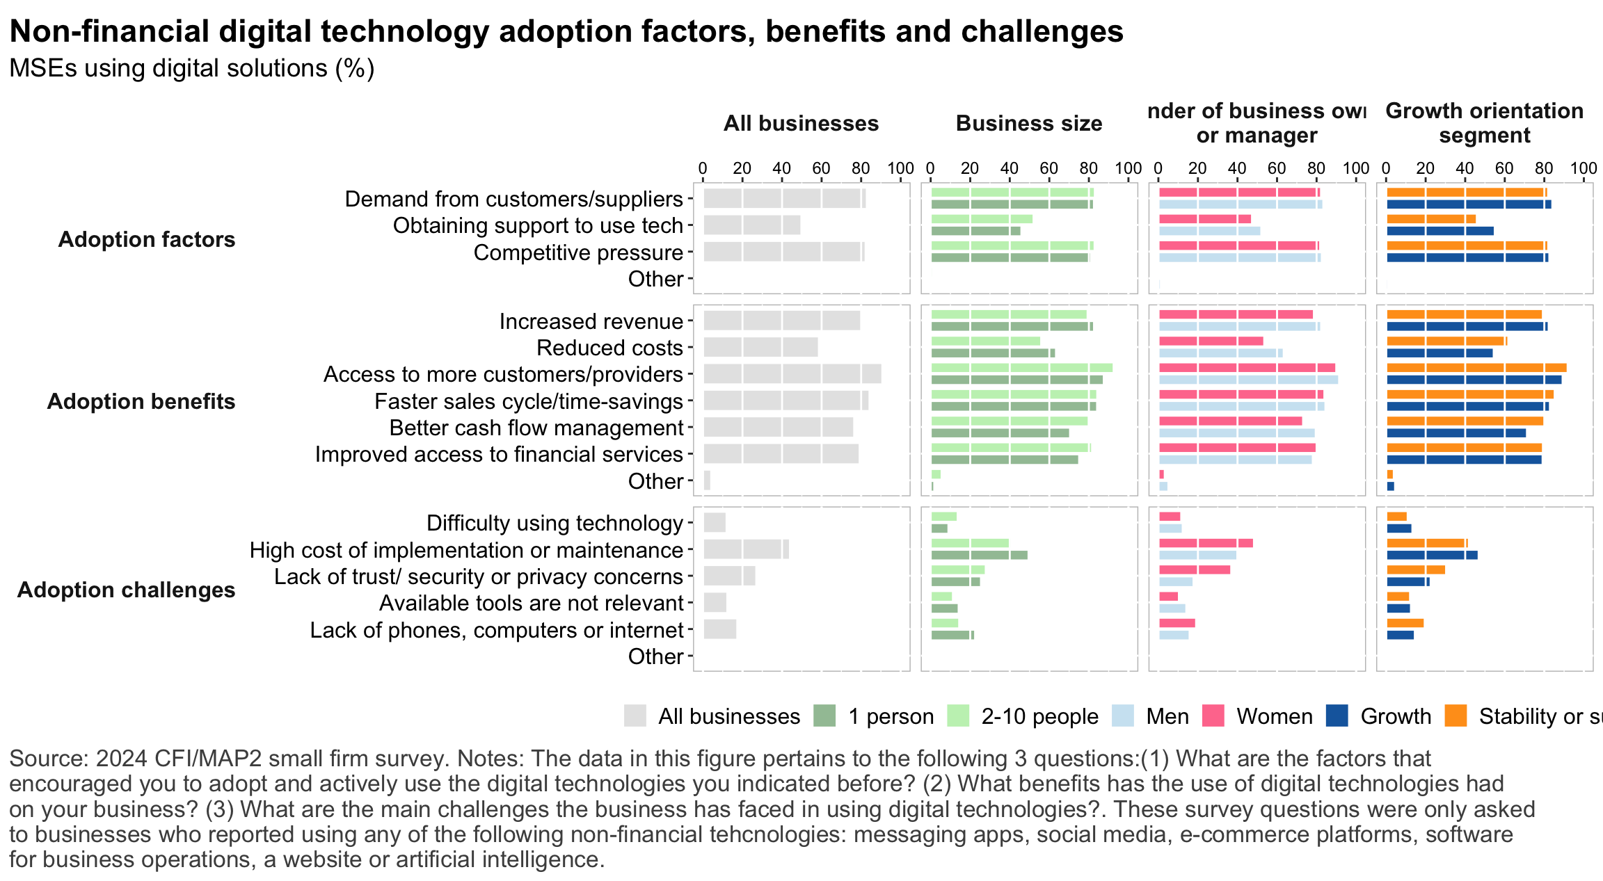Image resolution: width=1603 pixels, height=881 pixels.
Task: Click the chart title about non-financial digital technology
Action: tap(566, 31)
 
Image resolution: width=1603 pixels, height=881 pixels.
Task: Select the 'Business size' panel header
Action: tap(1028, 123)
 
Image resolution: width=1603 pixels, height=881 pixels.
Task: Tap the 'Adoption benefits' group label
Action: tap(141, 401)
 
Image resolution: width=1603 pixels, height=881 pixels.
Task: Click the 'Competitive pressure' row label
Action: tap(578, 252)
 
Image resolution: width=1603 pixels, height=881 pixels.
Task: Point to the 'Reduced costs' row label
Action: tap(609, 348)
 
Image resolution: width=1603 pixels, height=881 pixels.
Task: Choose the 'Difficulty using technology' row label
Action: tap(555, 523)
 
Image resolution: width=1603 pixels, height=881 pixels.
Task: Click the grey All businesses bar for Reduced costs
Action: tap(760, 348)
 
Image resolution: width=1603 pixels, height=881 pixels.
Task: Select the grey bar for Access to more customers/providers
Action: tap(792, 374)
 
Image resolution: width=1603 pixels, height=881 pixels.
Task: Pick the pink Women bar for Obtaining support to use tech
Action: tap(1204, 219)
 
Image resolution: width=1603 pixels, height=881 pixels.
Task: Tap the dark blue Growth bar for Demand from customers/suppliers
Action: tap(1468, 204)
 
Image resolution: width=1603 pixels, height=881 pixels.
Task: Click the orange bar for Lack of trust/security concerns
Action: tap(1415, 570)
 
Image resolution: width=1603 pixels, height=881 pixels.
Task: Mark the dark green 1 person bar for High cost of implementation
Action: tap(979, 555)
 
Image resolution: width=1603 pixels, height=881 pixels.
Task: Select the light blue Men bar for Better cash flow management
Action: tap(1236, 433)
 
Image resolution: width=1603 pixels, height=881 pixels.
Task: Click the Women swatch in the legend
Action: tap(1213, 716)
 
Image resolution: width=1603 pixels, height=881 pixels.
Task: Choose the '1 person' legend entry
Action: tap(824, 716)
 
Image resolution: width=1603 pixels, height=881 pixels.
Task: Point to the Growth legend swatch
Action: tap(1337, 716)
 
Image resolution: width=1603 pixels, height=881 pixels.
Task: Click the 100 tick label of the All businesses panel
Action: tap(900, 168)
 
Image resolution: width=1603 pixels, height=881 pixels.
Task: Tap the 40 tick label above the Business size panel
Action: tap(1009, 168)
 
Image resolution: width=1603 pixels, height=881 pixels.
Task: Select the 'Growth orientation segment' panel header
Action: tap(1484, 123)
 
